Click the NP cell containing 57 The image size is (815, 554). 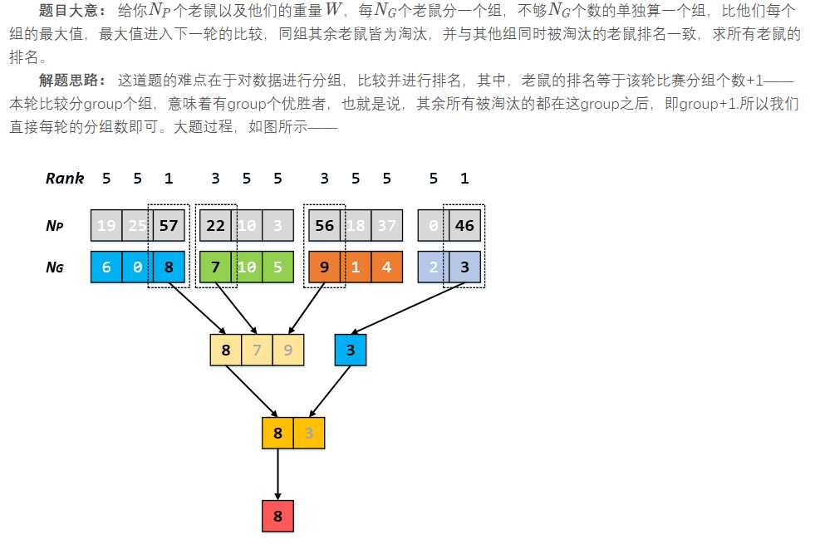[169, 224]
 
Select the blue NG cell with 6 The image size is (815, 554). [106, 267]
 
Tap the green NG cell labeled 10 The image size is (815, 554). [247, 267]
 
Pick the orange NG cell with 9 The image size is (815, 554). [324, 267]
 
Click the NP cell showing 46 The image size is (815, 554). [464, 224]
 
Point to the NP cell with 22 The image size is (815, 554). [216, 224]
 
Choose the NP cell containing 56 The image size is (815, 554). [324, 224]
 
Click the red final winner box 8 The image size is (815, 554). [277, 517]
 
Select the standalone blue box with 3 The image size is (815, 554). [351, 350]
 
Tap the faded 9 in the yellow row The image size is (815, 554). [288, 350]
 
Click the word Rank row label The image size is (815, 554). [65, 178]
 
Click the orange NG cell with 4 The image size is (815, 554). [387, 267]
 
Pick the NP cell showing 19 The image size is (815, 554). [106, 224]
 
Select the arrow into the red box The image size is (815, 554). [277, 475]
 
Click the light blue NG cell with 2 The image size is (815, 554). [434, 267]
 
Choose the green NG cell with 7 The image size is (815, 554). [216, 267]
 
